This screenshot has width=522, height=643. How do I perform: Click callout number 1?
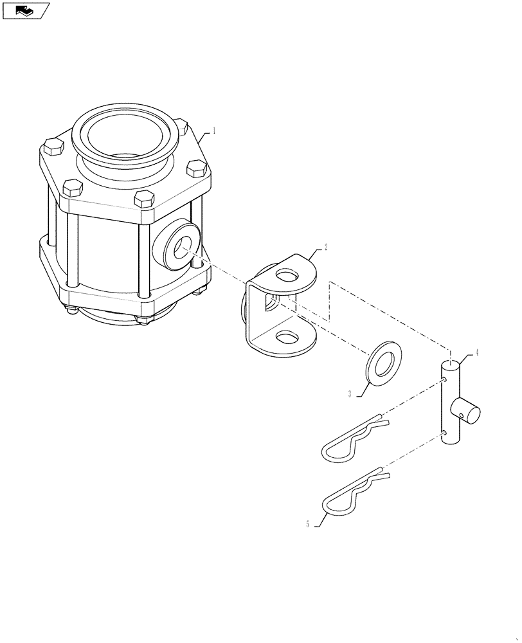point(214,130)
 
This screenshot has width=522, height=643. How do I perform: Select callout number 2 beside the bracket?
point(325,247)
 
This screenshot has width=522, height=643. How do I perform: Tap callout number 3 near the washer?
point(350,394)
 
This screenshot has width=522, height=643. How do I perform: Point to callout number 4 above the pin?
point(476,353)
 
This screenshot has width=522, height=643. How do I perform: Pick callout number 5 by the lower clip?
point(308,524)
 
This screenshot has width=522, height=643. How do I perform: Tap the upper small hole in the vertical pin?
point(445,381)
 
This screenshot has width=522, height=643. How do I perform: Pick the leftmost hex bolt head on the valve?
point(51,150)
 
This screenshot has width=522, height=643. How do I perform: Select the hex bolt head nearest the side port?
point(145,199)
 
